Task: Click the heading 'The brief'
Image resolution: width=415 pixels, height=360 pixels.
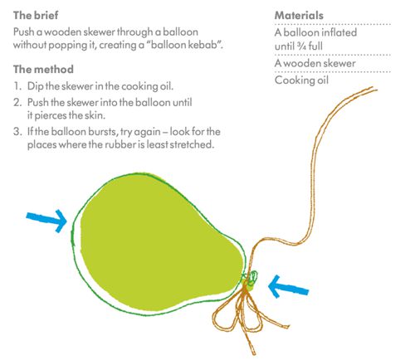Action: [36, 15]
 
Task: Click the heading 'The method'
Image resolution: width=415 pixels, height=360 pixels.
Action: [43, 69]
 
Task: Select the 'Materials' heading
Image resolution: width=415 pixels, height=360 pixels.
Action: [299, 15]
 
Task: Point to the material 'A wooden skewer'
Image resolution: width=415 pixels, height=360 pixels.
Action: [315, 63]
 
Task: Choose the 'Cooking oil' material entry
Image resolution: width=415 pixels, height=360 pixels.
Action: [301, 80]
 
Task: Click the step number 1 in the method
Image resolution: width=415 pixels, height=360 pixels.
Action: [17, 86]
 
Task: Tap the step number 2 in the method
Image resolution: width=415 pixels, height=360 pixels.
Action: [17, 102]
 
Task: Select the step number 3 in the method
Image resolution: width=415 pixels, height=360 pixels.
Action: [17, 131]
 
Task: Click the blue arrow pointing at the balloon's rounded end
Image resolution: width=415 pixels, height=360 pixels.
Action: [46, 221]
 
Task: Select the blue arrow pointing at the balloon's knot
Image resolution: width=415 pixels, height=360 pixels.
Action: [288, 287]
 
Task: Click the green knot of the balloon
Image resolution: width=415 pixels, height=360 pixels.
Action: [251, 279]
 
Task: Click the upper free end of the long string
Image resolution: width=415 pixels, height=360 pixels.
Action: [376, 89]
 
